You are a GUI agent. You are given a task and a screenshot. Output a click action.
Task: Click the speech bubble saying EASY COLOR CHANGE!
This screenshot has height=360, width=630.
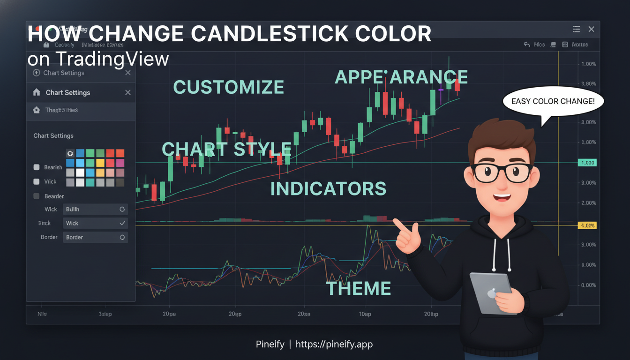(553, 101)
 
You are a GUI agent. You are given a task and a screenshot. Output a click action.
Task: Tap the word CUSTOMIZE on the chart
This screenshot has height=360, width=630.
(229, 87)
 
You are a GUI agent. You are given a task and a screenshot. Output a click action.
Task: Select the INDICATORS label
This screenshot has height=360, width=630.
(328, 188)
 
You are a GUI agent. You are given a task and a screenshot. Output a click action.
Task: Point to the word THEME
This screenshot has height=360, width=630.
(358, 288)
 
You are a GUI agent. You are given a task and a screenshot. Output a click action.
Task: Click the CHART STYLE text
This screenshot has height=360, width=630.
(226, 149)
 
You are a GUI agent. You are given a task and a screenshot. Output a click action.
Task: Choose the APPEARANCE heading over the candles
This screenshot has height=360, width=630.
(401, 77)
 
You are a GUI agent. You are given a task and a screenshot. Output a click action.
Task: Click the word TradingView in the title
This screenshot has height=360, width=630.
(112, 59)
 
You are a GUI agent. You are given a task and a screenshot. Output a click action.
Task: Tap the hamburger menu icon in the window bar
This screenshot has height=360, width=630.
(577, 29)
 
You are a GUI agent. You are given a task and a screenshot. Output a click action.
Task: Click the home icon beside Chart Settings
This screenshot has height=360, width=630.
(37, 92)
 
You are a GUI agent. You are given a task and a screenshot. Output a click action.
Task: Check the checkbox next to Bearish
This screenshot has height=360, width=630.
(37, 167)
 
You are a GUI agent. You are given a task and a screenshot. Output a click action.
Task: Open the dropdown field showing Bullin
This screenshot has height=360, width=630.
(95, 210)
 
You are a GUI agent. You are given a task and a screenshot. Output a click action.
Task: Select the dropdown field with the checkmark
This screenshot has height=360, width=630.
(95, 224)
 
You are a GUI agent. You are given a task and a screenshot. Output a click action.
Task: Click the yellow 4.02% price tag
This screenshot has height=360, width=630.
(587, 225)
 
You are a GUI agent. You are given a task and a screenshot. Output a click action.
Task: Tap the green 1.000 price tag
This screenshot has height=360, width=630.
(587, 163)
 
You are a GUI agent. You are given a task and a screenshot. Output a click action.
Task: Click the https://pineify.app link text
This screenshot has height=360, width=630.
(334, 345)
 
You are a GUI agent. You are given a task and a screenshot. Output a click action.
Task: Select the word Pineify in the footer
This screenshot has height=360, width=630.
(270, 345)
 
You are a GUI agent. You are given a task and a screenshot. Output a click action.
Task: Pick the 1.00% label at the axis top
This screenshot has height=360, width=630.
(588, 64)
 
